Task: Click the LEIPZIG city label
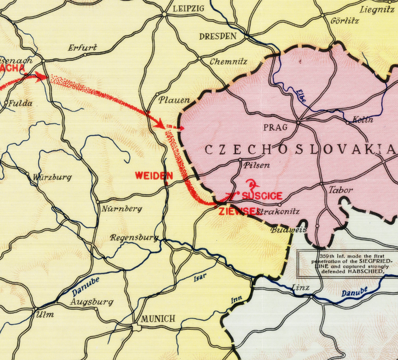188,9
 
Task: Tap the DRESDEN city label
217,36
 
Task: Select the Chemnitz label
228,62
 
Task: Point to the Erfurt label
83,48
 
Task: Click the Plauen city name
174,100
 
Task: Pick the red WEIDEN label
154,176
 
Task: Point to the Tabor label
341,190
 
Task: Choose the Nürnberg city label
122,209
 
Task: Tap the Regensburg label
134,237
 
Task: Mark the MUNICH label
158,318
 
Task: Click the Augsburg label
92,302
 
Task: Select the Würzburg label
52,177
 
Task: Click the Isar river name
199,278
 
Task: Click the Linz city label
301,288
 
